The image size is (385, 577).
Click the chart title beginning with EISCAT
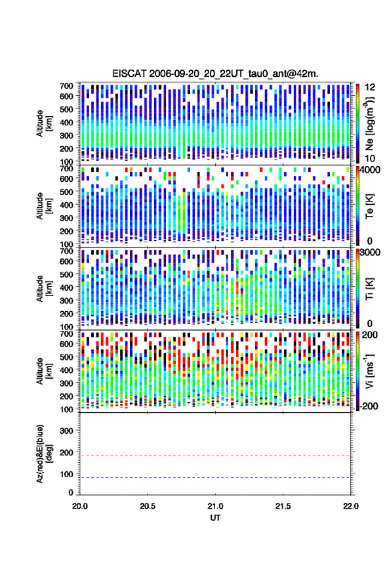click(216, 74)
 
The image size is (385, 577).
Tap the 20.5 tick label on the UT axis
click(148, 506)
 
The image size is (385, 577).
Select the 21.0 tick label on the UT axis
click(216, 506)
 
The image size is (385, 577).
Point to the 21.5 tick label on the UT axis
click(283, 506)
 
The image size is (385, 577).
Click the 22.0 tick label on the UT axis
click(351, 506)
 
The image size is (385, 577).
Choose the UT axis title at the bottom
click(215, 518)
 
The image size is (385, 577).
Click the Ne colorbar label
click(370, 123)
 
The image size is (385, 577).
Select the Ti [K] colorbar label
click(369, 289)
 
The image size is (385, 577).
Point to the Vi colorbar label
click(370, 371)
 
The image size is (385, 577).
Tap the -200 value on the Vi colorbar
click(369, 406)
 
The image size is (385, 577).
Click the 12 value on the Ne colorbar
click(370, 87)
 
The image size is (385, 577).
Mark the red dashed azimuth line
click(216, 456)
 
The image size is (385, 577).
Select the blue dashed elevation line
click(216, 478)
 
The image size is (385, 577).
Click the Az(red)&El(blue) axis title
click(43, 454)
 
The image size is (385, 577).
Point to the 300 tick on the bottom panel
click(66, 431)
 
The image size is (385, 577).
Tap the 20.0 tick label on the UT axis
click(80, 506)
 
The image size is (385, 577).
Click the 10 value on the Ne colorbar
click(370, 158)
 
